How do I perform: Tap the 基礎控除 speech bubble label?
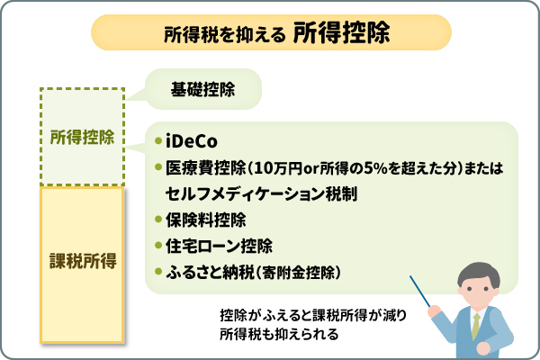click(x=202, y=89)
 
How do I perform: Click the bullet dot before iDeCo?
click(x=158, y=142)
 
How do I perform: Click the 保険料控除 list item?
click(x=206, y=219)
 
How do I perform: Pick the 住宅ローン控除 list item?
click(x=212, y=245)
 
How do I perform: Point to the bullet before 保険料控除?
click(x=158, y=220)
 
